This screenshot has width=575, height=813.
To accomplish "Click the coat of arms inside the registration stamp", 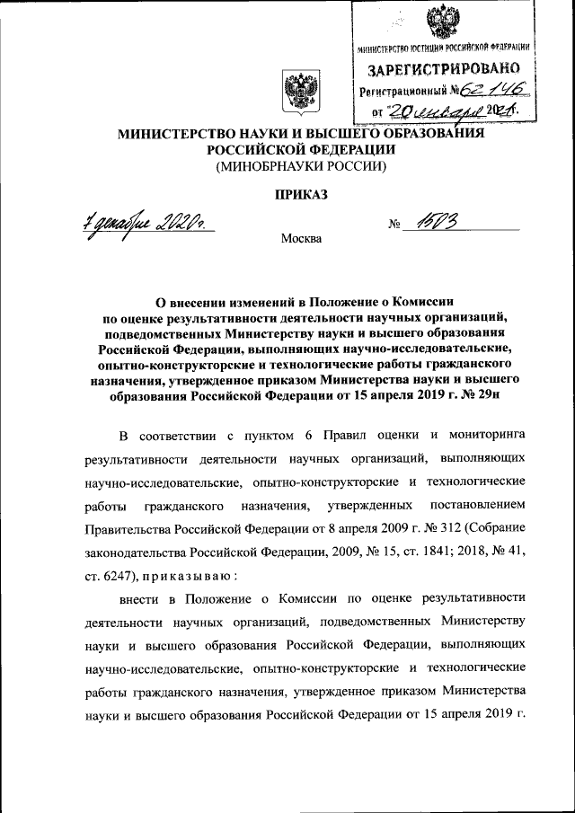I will (x=440, y=20).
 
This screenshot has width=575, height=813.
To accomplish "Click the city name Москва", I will (x=300, y=239).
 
